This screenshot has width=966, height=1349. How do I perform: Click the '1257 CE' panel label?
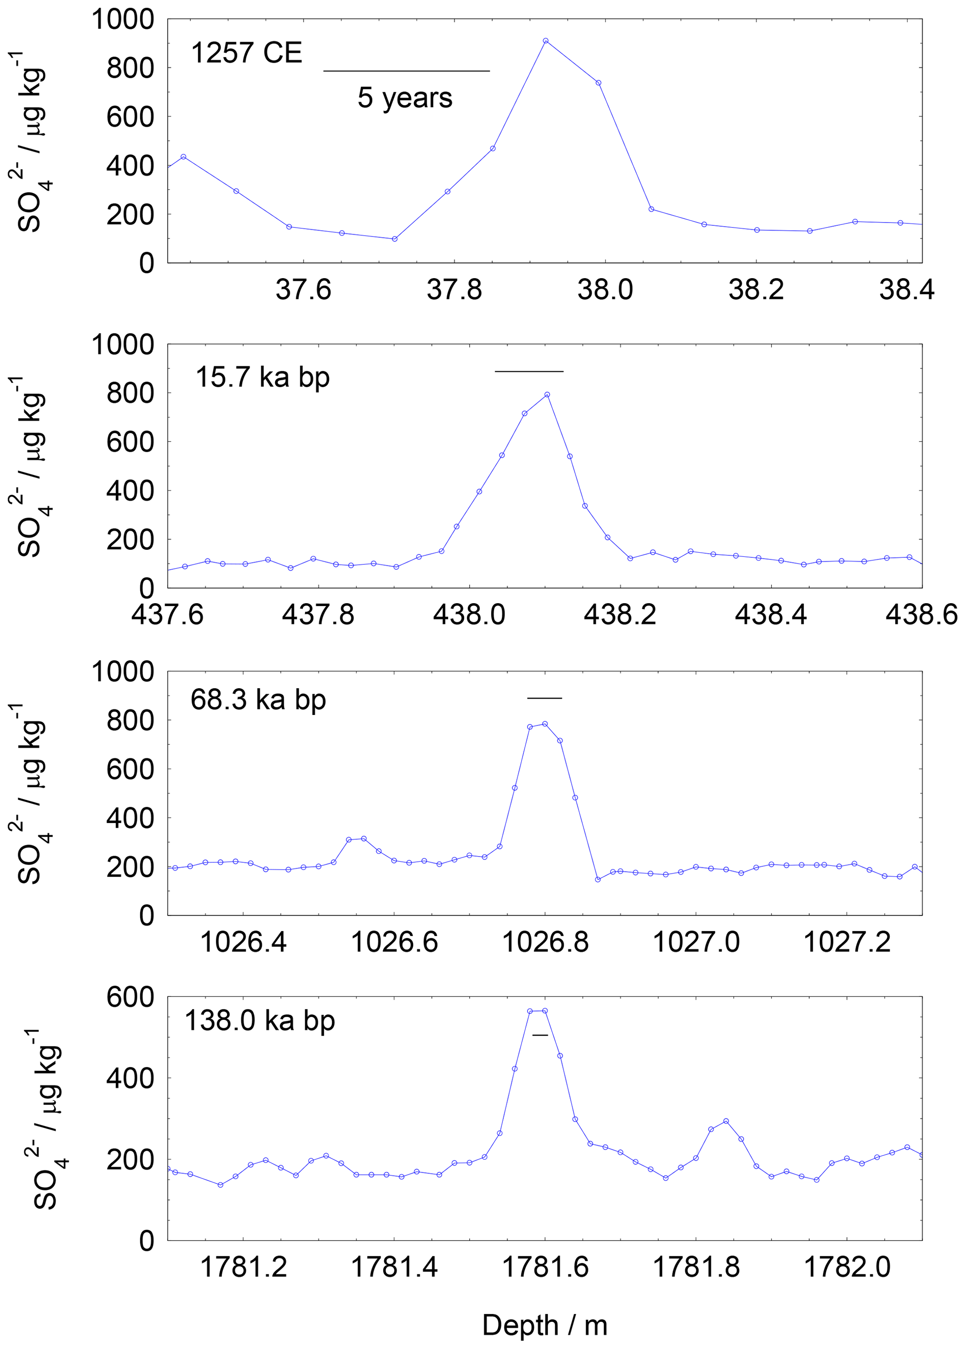246,53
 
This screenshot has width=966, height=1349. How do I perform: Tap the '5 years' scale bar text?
405,98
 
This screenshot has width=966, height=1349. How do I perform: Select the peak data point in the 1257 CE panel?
545,41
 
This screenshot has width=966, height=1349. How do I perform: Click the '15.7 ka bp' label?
262,378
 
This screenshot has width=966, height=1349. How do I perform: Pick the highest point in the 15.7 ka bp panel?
547,394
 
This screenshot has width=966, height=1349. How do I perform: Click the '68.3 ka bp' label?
258,700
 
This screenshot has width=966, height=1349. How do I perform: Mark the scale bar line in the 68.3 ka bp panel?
544,698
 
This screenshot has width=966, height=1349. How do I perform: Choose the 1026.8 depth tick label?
545,943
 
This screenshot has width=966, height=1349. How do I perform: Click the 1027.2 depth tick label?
847,943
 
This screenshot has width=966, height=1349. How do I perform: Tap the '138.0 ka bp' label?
260,1021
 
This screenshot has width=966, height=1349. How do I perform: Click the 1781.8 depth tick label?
696,1268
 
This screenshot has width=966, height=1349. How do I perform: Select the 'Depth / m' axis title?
544,1326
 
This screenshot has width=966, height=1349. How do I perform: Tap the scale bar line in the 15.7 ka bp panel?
529,371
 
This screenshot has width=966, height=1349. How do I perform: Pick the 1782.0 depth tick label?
847,1268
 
